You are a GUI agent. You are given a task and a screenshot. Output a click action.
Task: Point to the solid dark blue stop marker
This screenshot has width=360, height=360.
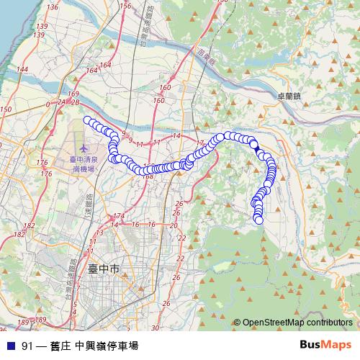pyautogui.click(x=254, y=148)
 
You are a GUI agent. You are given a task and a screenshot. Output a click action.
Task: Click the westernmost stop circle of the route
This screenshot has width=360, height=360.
pyautogui.click(x=88, y=120)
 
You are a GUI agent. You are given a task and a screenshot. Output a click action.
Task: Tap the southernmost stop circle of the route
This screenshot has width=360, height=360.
pyautogui.click(x=259, y=220)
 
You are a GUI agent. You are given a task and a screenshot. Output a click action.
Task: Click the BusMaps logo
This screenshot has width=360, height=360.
pyautogui.click(x=325, y=345)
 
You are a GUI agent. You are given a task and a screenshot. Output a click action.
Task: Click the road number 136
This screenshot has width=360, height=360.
pyautogui.click(x=52, y=6)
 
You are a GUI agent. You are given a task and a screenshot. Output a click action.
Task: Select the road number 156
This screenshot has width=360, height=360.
pyautogui.click(x=125, y=6)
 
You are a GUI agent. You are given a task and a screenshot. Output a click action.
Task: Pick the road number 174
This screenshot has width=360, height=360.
pyautogui.click(x=120, y=216)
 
